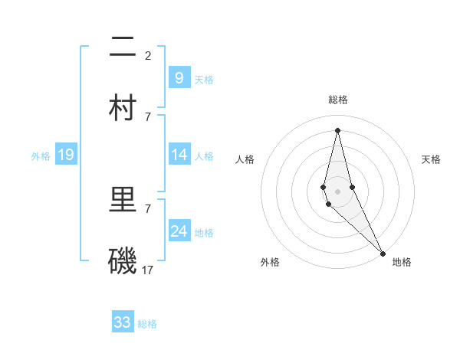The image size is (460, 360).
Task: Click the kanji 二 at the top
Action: (123, 48)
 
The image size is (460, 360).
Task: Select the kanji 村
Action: (123, 108)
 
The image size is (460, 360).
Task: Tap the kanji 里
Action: (123, 201)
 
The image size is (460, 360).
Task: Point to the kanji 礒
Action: (123, 261)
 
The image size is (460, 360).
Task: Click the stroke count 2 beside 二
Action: (147, 55)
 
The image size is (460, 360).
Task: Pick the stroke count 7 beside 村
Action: (147, 116)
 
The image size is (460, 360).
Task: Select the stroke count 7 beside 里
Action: (147, 208)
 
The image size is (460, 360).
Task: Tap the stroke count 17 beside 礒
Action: (148, 270)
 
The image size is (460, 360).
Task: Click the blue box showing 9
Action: (179, 77)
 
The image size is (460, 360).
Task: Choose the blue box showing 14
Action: (179, 154)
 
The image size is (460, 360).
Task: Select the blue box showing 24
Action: (179, 231)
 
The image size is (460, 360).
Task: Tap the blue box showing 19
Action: (65, 155)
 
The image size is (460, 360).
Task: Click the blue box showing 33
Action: (123, 322)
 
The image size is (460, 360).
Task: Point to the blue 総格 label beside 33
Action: (147, 324)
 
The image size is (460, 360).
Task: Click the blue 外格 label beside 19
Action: (41, 156)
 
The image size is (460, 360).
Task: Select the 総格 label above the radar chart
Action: (338, 100)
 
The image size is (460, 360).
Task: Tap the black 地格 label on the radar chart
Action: (402, 262)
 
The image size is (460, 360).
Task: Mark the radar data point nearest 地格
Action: (383, 252)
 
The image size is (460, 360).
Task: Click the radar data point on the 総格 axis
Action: (337, 130)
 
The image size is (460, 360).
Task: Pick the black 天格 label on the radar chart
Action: (431, 159)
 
